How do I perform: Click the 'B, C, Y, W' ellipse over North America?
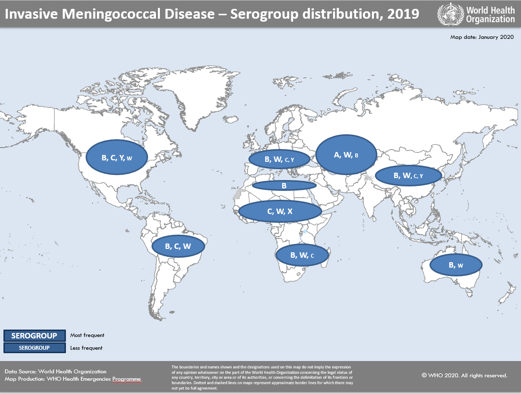pos(117,158)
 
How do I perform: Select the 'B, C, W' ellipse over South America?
pos(178,246)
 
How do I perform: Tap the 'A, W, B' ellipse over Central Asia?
pos(346,155)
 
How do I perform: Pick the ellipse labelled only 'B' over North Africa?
pos(284,185)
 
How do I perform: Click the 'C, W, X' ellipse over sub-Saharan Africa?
pos(280,211)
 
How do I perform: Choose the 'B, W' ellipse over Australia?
pos(456,265)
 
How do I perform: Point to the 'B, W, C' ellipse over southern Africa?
pos(302,255)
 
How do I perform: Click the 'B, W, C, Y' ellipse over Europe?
pos(279,159)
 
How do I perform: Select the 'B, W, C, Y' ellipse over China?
pos(408,175)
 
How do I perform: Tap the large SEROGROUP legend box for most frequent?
pos(34,335)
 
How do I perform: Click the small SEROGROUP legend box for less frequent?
pos(34,348)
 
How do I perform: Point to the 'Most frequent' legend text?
pos(87,335)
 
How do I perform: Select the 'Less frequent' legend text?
pos(86,348)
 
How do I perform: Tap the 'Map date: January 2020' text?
pos(482,37)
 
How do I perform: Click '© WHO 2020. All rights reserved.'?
pos(464,375)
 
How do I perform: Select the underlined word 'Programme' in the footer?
pos(126,379)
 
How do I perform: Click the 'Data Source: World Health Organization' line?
pos(56,371)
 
